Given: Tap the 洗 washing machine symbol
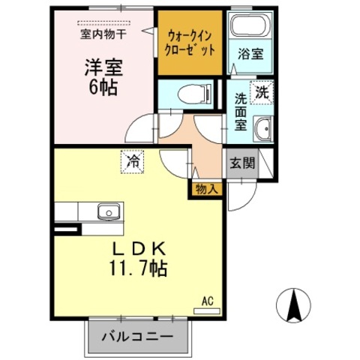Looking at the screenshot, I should pyautogui.click(x=262, y=93).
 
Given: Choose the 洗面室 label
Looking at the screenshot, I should pyautogui.click(x=240, y=110).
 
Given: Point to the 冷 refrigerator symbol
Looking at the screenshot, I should pyautogui.click(x=133, y=161).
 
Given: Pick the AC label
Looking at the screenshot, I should pyautogui.click(x=208, y=302).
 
